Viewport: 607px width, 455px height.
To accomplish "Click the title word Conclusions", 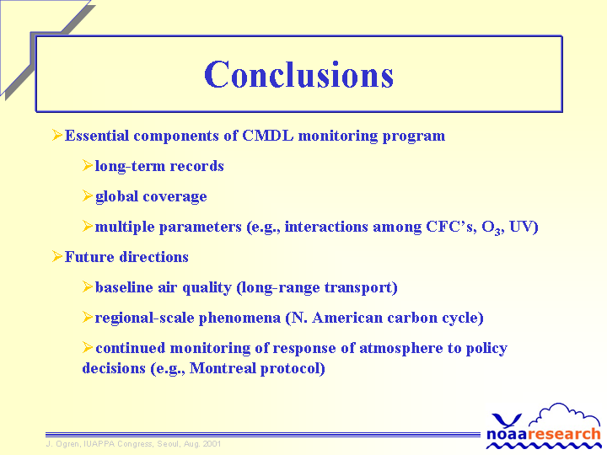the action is pyautogui.click(x=298, y=74).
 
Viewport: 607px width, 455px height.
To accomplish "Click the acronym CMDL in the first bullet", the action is pyautogui.click(x=267, y=136).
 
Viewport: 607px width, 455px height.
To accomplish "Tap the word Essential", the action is pyautogui.click(x=97, y=136).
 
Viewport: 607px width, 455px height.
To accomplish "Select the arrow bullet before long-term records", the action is pyautogui.click(x=88, y=166).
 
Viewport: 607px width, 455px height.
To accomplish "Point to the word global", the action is pyautogui.click(x=117, y=196).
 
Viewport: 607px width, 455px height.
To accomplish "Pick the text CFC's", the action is pyautogui.click(x=450, y=227).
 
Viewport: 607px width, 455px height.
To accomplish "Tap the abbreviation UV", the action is pyautogui.click(x=521, y=227).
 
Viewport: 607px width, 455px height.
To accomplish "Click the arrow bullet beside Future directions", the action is pyautogui.click(x=57, y=256).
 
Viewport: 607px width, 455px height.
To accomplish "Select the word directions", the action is pyautogui.click(x=154, y=257).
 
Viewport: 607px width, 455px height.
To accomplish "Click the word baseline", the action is pyautogui.click(x=124, y=287).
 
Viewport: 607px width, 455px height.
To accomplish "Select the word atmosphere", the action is pyautogui.click(x=401, y=348).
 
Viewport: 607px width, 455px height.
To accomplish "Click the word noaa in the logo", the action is pyautogui.click(x=507, y=434).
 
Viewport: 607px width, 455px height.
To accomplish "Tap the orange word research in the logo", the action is pyautogui.click(x=564, y=434).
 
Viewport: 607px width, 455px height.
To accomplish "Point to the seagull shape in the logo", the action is pyautogui.click(x=507, y=420).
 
